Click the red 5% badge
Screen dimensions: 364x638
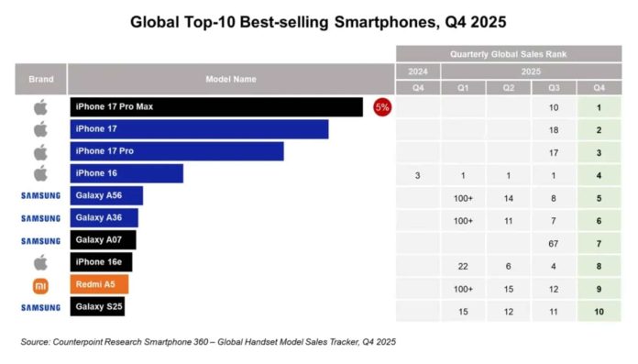[x=381, y=107]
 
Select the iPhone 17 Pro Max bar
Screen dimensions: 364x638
[x=216, y=107]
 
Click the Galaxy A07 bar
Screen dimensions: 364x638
[x=103, y=240]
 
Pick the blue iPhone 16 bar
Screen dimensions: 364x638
[x=126, y=173]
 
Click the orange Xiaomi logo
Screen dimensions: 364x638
[x=40, y=285]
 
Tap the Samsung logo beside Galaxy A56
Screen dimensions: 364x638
[x=40, y=196]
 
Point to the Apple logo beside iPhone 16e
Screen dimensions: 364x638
[x=40, y=262]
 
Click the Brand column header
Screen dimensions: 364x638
[x=40, y=79]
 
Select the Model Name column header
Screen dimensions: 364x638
[x=230, y=79]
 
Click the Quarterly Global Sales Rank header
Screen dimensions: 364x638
[x=507, y=54]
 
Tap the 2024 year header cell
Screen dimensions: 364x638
[x=417, y=71]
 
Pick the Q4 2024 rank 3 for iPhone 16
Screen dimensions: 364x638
[x=417, y=173]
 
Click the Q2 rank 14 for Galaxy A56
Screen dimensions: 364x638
[x=508, y=196]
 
